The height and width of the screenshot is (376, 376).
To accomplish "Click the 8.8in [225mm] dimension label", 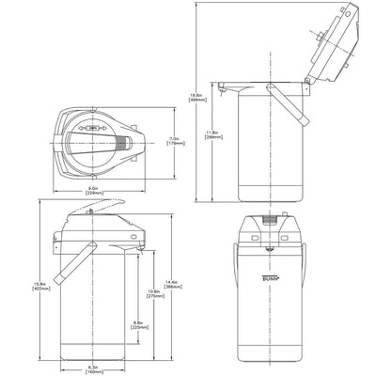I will [138, 325].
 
